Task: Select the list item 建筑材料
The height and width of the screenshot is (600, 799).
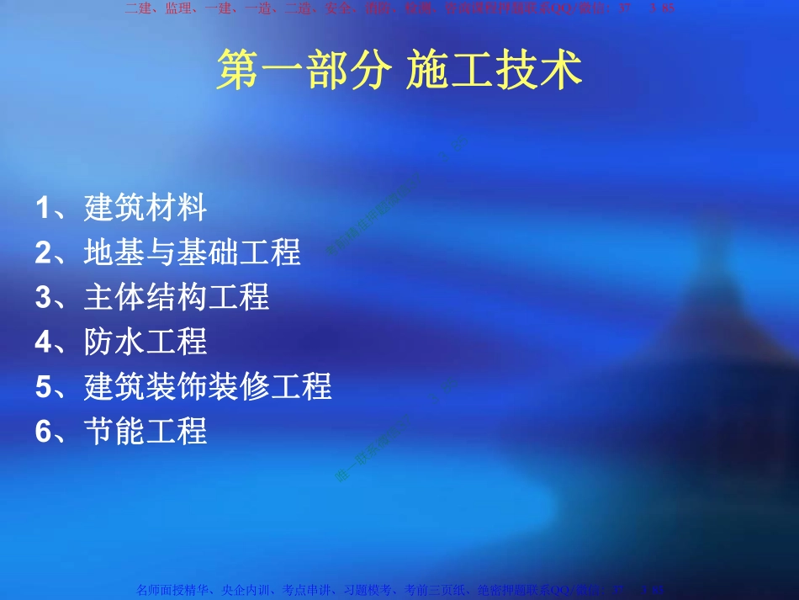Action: (x=146, y=207)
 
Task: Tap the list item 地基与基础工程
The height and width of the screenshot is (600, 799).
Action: (x=193, y=252)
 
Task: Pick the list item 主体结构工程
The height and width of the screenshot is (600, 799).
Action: (x=177, y=296)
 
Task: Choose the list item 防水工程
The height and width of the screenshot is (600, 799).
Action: (x=146, y=342)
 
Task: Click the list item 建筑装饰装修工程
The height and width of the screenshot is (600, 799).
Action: (x=208, y=386)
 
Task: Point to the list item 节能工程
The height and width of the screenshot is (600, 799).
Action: (x=146, y=431)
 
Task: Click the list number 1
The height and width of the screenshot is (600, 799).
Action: (x=44, y=207)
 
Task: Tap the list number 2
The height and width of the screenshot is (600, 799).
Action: (x=44, y=252)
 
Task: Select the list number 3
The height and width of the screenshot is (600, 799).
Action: (x=44, y=296)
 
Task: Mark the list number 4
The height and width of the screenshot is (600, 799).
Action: (x=44, y=342)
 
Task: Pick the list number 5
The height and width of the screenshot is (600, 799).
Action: (x=44, y=386)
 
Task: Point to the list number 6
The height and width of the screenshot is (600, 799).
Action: (x=44, y=431)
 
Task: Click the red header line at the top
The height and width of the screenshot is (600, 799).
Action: (x=399, y=8)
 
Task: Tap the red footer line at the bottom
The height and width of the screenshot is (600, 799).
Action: (x=399, y=591)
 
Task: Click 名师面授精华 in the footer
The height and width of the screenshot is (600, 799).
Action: (x=175, y=591)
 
